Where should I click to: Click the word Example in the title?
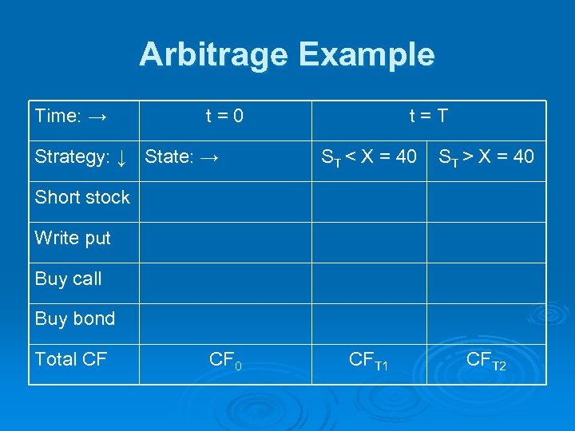point(367,55)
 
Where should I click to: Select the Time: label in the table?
point(57,117)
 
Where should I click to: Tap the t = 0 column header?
point(224,117)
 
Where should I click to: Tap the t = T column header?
point(428,117)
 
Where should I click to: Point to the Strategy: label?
point(69,157)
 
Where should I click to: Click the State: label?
point(169,157)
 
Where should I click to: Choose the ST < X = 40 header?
point(368,157)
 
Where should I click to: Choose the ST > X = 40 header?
point(486,157)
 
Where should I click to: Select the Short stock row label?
point(82,198)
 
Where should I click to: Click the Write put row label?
point(73,238)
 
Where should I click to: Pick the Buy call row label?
point(69,279)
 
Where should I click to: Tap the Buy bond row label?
point(75,319)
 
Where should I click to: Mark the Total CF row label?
point(71,360)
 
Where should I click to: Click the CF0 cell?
point(224,361)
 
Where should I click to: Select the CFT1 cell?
point(368,362)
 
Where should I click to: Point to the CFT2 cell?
point(486,362)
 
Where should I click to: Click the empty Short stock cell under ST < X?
point(368,201)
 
